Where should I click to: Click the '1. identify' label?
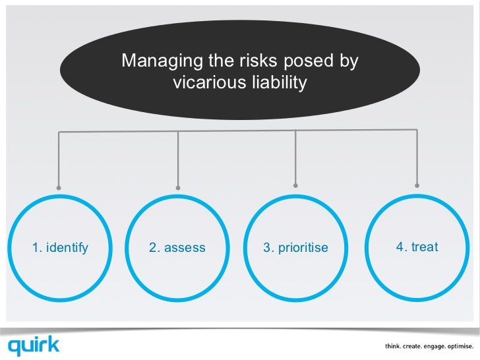[60, 248]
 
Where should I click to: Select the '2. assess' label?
[177, 248]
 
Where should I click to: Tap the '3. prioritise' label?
[295, 248]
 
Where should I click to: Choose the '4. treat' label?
[417, 247]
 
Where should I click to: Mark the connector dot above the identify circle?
[59, 187]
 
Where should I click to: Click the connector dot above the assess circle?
[177, 187]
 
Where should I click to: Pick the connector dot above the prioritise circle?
[295, 185]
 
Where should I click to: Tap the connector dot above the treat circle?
[417, 185]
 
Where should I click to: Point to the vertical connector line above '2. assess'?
[177, 158]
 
